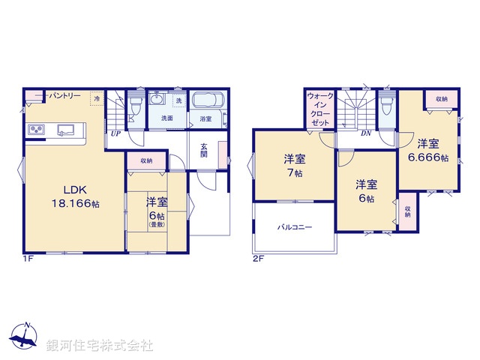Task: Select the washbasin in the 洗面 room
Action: (158, 100)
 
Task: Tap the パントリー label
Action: (67, 97)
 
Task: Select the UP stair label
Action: (115, 133)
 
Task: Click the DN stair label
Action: (366, 133)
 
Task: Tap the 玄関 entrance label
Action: (204, 150)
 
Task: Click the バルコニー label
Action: (295, 226)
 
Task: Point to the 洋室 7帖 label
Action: (294, 165)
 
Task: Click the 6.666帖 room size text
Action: (427, 158)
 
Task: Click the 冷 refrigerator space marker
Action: (97, 97)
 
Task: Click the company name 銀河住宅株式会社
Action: (99, 345)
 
